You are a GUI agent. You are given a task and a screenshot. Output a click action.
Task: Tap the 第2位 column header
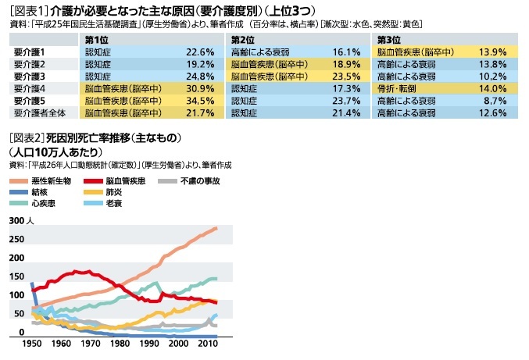(x=244, y=39)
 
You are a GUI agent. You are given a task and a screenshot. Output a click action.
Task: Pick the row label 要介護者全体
(x=39, y=113)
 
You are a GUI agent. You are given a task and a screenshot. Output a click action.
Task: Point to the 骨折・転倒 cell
(x=399, y=88)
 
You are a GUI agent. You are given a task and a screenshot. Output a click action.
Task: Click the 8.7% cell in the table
(x=495, y=101)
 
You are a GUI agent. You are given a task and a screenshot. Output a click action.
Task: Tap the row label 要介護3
(x=30, y=76)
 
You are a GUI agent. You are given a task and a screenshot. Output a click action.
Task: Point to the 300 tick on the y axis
(x=16, y=222)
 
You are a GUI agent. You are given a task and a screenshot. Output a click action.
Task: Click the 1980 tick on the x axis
(x=121, y=343)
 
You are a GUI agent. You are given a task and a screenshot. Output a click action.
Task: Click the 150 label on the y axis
(x=16, y=276)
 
